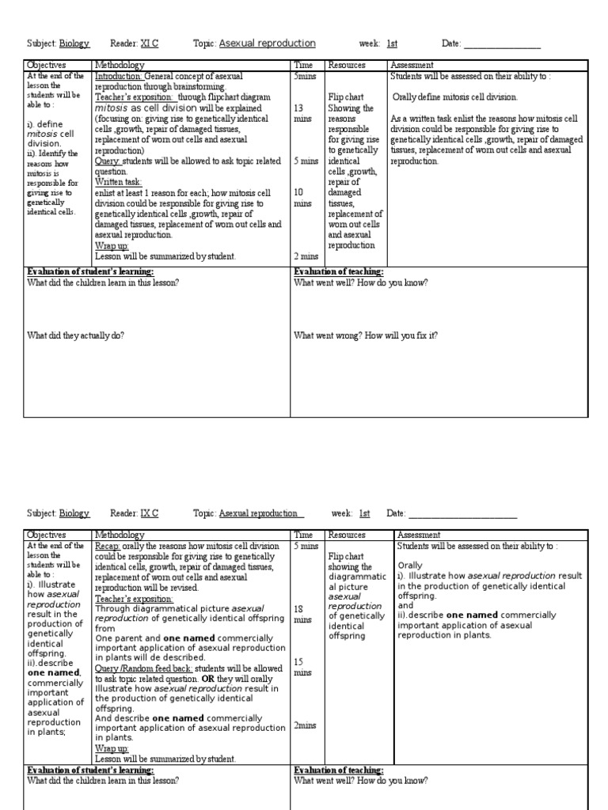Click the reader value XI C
pos(150,44)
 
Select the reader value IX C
pos(150,513)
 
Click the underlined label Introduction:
pos(119,76)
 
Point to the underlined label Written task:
pos(118,182)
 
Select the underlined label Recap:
pos(108,546)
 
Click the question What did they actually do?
pos(76,335)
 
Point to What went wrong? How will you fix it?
pos(366,335)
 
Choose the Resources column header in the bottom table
pos(347,535)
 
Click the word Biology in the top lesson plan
pos(76,44)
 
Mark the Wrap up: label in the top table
pos(112,246)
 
